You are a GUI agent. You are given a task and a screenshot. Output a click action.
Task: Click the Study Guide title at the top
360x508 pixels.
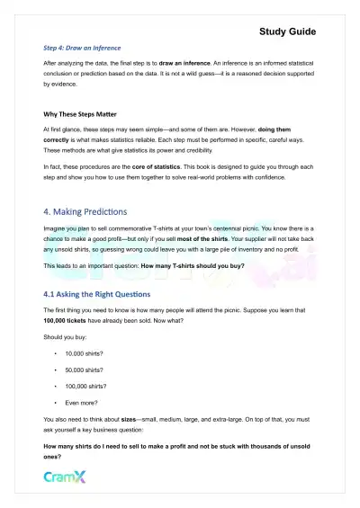click(x=287, y=31)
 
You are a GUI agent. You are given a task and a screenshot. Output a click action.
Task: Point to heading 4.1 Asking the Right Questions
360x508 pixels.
click(x=109, y=294)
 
